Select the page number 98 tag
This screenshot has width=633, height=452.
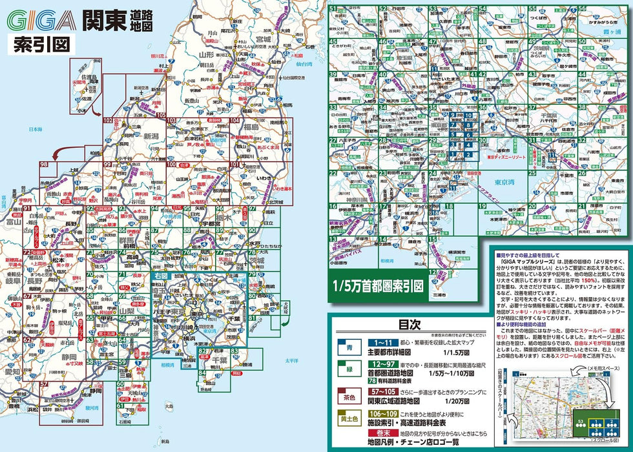point(44,166)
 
